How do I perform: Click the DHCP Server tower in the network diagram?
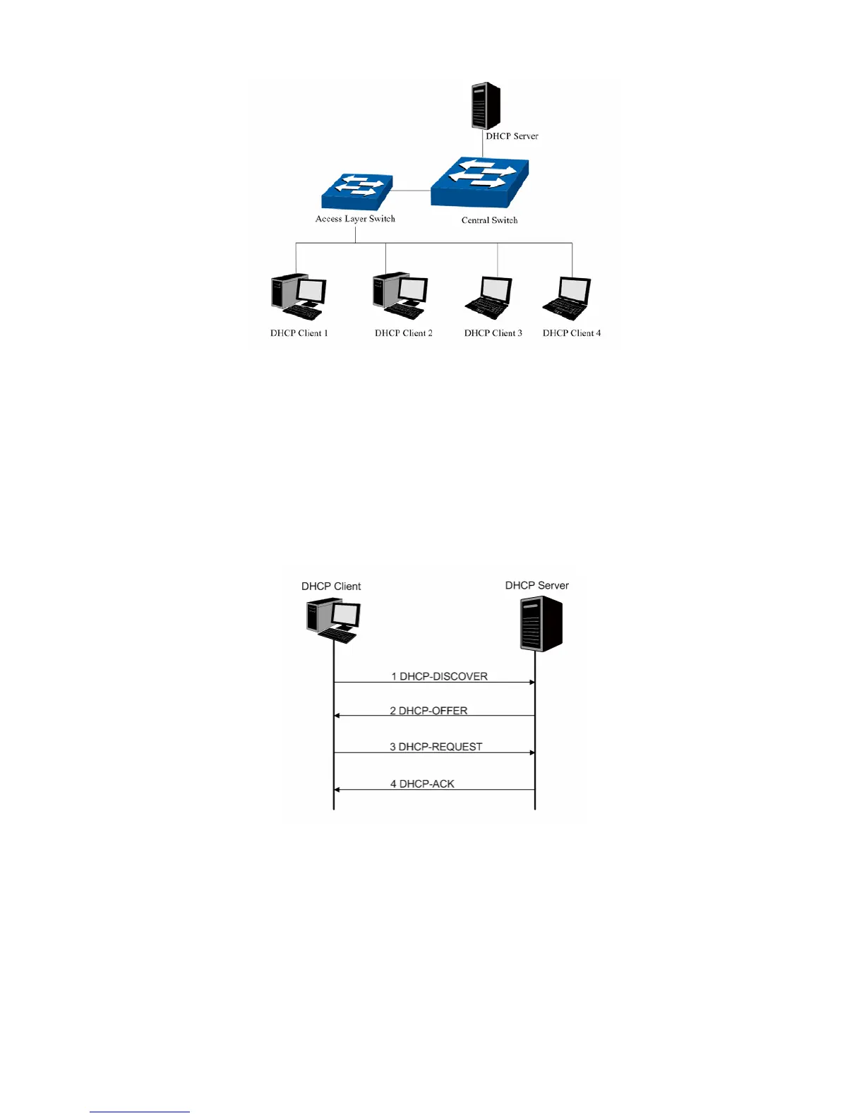click(486, 106)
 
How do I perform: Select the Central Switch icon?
click(480, 181)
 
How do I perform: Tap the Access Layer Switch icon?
click(356, 192)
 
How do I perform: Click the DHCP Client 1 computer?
click(299, 297)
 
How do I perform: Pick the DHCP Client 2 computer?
click(400, 296)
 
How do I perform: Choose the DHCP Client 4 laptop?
click(568, 298)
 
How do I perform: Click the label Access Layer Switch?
click(355, 219)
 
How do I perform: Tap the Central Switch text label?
click(489, 220)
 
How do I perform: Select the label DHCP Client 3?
click(493, 333)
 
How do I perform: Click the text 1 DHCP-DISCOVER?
click(439, 676)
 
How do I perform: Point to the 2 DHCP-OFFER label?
click(428, 711)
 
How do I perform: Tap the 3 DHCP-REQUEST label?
click(436, 747)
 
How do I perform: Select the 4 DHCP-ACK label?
click(422, 784)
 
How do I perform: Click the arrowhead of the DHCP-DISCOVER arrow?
click(532, 683)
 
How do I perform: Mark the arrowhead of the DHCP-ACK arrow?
click(337, 790)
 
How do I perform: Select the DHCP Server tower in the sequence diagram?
click(541, 624)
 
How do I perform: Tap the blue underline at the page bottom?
click(140, 1112)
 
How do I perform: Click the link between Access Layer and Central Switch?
click(412, 191)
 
